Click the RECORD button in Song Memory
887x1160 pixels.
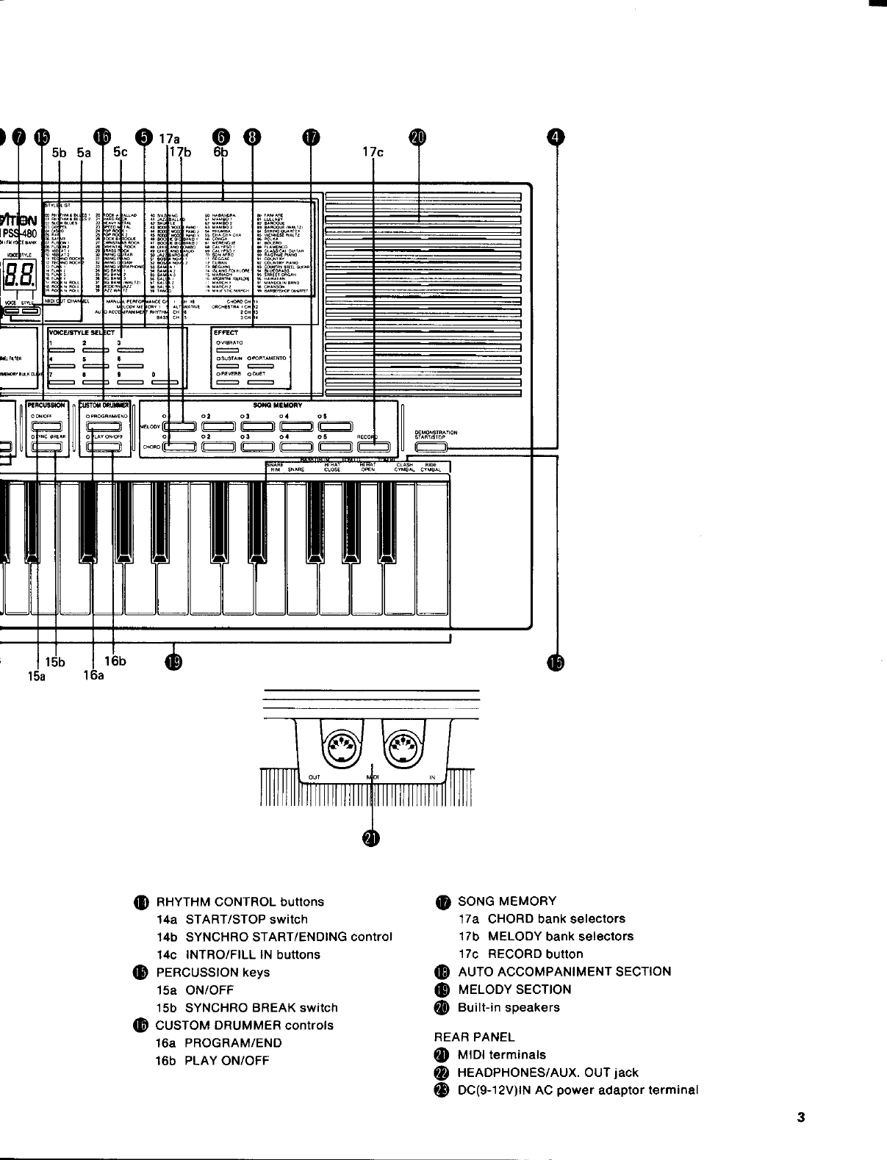coord(373,447)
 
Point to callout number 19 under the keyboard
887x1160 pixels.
coord(173,663)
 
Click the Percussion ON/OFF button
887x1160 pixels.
coord(46,426)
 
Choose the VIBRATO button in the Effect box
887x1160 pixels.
coord(228,350)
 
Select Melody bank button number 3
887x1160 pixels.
coord(257,426)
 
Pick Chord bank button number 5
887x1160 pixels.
coord(335,447)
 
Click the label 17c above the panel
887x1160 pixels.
coord(373,152)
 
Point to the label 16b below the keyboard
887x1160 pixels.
coord(115,660)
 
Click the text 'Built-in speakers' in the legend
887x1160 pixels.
coord(509,1007)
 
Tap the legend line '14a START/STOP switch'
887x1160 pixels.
coord(232,919)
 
